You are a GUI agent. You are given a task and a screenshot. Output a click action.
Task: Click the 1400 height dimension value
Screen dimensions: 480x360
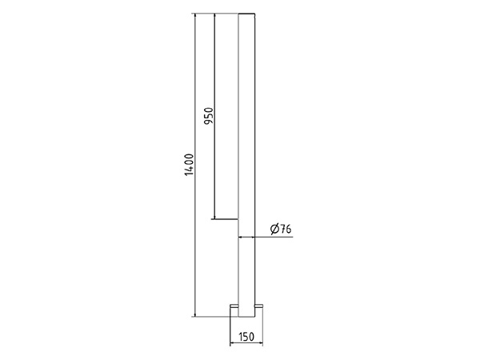[x=190, y=165]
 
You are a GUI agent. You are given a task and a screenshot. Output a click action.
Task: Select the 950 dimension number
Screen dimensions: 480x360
[x=209, y=116]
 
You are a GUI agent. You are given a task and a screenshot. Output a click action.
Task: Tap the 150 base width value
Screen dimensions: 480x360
[x=246, y=337]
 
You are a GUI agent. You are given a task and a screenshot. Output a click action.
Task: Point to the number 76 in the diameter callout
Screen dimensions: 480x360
[x=286, y=229]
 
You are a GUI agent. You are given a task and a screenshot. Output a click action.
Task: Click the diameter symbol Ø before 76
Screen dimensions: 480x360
[x=274, y=229]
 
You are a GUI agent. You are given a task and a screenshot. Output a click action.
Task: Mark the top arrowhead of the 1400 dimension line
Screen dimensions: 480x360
[x=195, y=16]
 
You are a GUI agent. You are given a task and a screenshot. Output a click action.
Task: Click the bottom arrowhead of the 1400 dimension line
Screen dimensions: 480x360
[x=195, y=314]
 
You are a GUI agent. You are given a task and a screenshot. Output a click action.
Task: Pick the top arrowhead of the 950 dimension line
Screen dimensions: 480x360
[x=214, y=16]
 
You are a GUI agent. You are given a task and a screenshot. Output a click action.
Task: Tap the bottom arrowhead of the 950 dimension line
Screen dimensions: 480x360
[x=214, y=217]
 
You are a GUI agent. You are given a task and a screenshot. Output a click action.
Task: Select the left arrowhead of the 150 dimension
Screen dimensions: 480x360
[x=233, y=343]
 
